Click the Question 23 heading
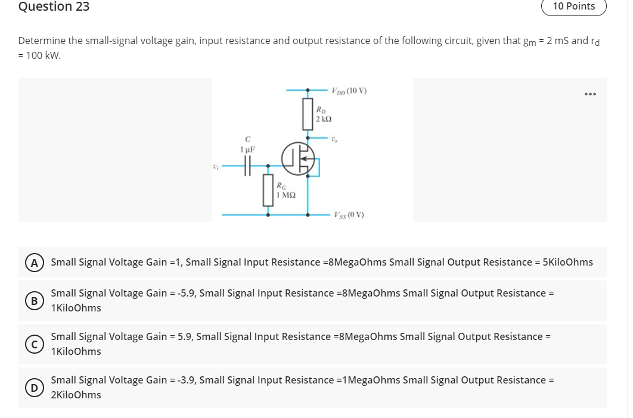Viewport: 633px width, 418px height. pyautogui.click(x=54, y=7)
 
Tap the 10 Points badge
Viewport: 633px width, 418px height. pyautogui.click(x=573, y=7)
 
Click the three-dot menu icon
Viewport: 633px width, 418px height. pyautogui.click(x=590, y=94)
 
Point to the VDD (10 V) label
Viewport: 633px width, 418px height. pyautogui.click(x=349, y=91)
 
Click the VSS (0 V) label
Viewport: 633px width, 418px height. pyautogui.click(x=349, y=214)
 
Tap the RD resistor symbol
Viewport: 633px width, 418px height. pyautogui.click(x=308, y=114)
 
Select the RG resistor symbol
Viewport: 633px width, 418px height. pyautogui.click(x=268, y=191)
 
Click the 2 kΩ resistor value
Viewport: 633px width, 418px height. pyautogui.click(x=323, y=119)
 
